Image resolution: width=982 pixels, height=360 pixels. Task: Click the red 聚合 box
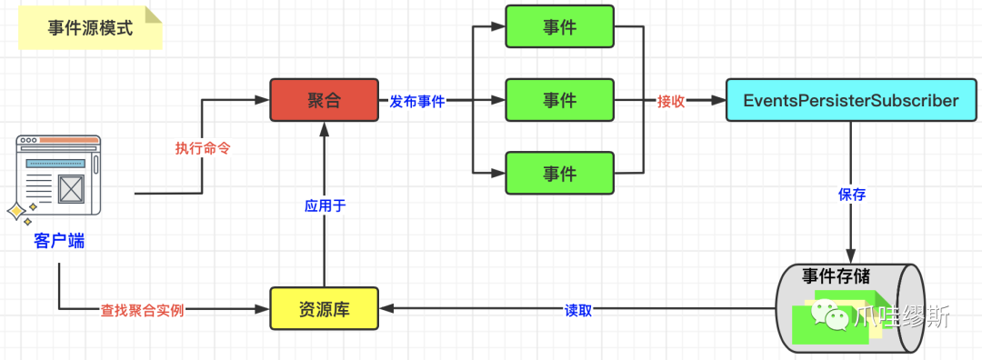(325, 100)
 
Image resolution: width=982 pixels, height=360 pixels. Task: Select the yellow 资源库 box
(325, 308)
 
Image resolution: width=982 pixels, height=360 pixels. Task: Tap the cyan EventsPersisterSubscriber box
(850, 100)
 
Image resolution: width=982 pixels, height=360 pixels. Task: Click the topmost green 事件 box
(560, 27)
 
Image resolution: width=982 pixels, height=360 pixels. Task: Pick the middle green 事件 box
(560, 100)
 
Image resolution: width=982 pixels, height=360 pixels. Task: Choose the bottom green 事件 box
(560, 172)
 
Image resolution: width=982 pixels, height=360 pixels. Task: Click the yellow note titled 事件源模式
(90, 28)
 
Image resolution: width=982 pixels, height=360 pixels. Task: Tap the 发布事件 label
(417, 101)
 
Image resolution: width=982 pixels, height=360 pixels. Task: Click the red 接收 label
(671, 101)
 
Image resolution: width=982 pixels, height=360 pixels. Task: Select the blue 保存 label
(851, 194)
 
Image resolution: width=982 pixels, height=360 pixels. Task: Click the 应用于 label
(325, 206)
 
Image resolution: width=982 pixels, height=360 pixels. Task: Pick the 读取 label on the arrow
(577, 309)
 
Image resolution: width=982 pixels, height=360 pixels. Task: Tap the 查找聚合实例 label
(143, 309)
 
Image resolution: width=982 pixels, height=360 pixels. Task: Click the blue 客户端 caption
(59, 241)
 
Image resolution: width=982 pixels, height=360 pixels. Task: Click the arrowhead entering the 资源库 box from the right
(387, 308)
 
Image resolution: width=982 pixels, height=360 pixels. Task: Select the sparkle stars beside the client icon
(21, 212)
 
